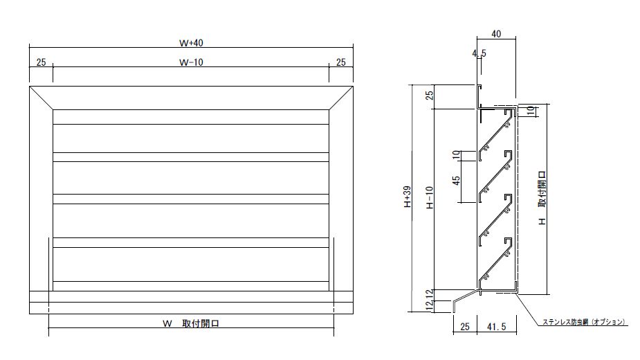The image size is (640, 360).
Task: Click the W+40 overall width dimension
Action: pyautogui.click(x=190, y=42)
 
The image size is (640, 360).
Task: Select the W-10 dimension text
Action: pyautogui.click(x=190, y=62)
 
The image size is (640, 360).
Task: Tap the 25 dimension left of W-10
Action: pyautogui.click(x=40, y=62)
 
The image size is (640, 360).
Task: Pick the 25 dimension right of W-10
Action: pyautogui.click(x=340, y=62)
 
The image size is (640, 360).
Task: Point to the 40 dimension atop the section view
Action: pyautogui.click(x=495, y=33)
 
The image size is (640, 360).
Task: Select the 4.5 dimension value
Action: pyautogui.click(x=479, y=53)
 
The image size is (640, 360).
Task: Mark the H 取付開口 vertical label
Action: pyautogui.click(x=543, y=198)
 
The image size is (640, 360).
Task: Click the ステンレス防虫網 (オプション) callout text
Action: pyautogui.click(x=584, y=322)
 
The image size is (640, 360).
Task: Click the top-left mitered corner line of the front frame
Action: pyautogui.click(x=41, y=98)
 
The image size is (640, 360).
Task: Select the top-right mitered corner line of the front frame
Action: pyautogui.click(x=340, y=98)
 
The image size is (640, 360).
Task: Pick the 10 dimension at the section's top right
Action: pyautogui.click(x=531, y=111)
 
